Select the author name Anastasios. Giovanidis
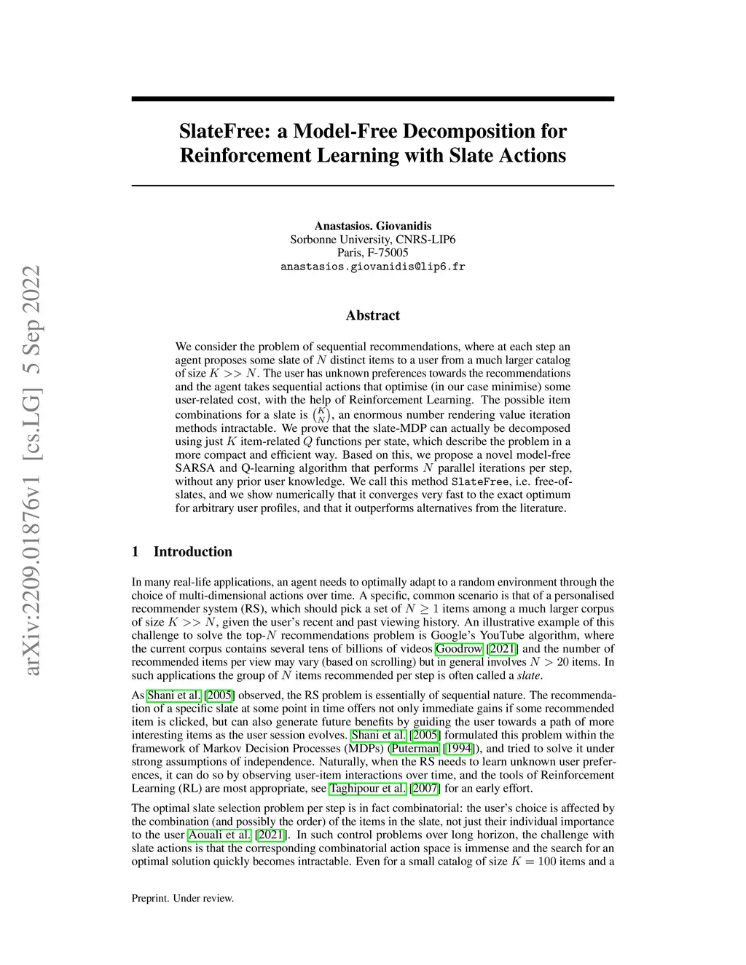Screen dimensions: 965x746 372,226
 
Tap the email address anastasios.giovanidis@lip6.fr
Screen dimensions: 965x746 372,267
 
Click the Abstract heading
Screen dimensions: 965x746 372,315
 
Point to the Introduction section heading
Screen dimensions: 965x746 192,551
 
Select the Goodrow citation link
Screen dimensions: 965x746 459,649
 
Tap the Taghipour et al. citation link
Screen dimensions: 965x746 367,789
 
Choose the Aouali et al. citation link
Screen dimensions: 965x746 219,835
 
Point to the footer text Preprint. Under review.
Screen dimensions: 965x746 182,899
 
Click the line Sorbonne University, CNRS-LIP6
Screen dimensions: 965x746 372,240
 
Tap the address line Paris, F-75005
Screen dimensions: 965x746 372,253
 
